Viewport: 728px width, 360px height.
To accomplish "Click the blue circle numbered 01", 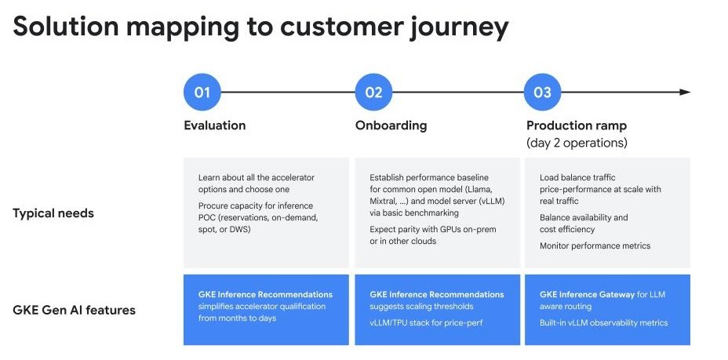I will tap(202, 93).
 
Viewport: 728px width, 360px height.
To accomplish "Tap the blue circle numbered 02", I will tap(373, 93).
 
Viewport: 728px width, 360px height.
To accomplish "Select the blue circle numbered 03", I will tap(543, 93).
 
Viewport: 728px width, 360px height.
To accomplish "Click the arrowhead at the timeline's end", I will tap(685, 93).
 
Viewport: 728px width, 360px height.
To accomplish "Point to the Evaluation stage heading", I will tap(214, 125).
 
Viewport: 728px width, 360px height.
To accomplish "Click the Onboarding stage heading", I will tap(391, 125).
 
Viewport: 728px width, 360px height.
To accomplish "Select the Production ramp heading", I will tap(577, 125).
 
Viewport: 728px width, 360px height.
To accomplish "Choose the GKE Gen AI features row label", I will tap(75, 310).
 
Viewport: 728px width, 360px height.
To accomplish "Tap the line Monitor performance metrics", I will tap(595, 246).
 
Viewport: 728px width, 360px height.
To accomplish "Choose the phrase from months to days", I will tap(236, 318).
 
